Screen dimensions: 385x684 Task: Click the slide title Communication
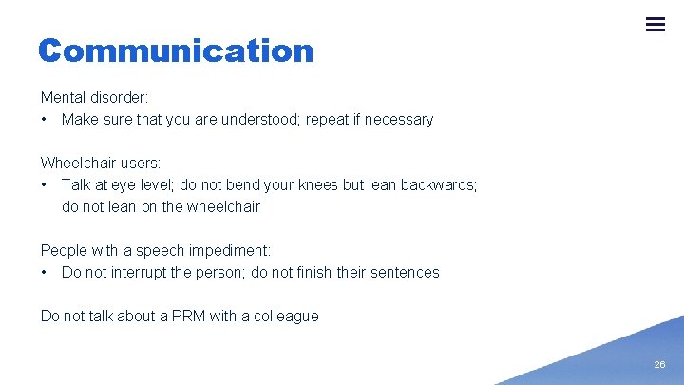coord(176,50)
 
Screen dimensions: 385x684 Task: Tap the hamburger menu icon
coord(655,25)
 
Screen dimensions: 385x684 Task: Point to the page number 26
coord(659,365)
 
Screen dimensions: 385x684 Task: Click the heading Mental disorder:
coord(95,97)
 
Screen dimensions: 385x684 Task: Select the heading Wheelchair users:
coord(101,163)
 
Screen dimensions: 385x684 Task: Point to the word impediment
coord(230,250)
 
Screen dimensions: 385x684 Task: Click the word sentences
coord(404,272)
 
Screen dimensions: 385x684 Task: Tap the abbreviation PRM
coord(184,316)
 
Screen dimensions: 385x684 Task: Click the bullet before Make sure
coord(45,119)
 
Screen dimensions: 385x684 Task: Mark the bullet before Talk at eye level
coord(45,184)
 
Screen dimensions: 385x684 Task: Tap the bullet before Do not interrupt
coord(45,272)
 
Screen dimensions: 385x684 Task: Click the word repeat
coord(329,119)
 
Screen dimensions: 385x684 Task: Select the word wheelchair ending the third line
coord(223,206)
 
